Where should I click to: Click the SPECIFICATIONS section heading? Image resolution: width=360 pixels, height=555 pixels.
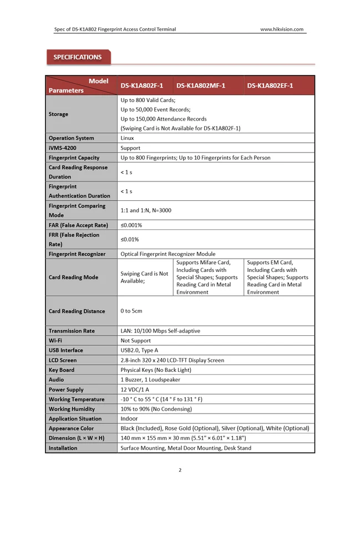click(x=77, y=57)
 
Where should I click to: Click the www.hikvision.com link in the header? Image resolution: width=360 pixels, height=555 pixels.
click(x=282, y=29)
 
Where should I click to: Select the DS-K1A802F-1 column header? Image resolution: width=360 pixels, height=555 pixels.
click(x=142, y=85)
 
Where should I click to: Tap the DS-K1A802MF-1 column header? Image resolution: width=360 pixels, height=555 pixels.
click(x=200, y=85)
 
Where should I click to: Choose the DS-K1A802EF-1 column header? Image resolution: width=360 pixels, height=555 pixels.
click(x=270, y=85)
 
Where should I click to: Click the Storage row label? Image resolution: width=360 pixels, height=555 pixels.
click(x=58, y=114)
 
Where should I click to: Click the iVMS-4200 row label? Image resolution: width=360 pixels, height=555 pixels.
click(x=63, y=148)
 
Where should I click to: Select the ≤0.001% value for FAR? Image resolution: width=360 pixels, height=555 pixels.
click(x=131, y=225)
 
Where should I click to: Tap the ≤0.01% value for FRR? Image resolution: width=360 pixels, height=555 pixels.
click(x=130, y=240)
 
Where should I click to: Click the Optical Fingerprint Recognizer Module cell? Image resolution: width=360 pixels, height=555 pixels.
click(x=168, y=254)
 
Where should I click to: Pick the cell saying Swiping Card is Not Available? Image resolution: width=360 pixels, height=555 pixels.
click(x=144, y=277)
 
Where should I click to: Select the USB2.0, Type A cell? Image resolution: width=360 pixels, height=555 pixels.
click(x=139, y=351)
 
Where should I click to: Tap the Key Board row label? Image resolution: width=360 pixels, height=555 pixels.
click(x=61, y=370)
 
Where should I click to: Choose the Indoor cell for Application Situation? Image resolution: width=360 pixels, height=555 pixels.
click(x=129, y=419)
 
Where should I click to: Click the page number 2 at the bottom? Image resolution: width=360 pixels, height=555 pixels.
click(x=180, y=471)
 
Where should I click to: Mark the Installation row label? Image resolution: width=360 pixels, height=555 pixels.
click(x=63, y=448)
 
